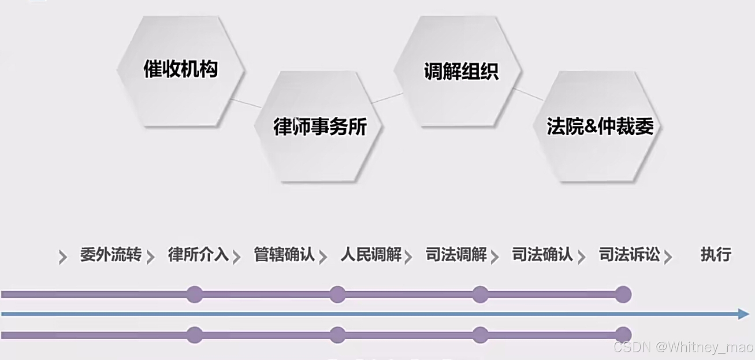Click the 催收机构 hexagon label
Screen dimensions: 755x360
(x=180, y=69)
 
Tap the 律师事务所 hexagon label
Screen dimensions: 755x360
(x=320, y=127)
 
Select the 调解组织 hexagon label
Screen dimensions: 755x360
(x=461, y=71)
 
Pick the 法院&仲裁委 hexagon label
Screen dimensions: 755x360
(x=600, y=126)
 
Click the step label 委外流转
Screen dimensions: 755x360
(x=111, y=255)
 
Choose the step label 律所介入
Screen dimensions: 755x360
(x=198, y=255)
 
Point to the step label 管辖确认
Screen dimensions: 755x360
(x=284, y=255)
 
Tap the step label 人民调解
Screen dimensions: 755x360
(x=371, y=255)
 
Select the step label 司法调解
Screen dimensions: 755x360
(x=456, y=255)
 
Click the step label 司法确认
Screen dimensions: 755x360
(x=542, y=255)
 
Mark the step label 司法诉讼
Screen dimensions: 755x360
(x=629, y=255)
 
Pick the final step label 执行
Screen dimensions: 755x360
(x=716, y=255)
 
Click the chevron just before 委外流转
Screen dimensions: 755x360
(x=63, y=257)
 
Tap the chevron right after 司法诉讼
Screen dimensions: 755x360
(x=668, y=257)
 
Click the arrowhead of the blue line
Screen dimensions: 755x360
(x=744, y=314)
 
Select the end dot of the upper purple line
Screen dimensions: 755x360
(x=623, y=294)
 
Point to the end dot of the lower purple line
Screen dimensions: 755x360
(x=623, y=335)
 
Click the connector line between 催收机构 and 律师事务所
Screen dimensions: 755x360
(x=246, y=103)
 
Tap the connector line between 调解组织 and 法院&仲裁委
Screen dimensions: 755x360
(x=528, y=94)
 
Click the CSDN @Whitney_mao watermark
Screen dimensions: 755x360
(x=683, y=347)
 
